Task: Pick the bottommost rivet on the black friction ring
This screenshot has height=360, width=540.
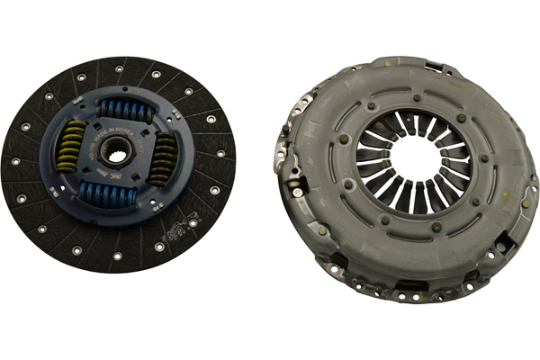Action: point(117,256)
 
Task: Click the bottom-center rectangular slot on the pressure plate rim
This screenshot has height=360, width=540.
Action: point(407,285)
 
